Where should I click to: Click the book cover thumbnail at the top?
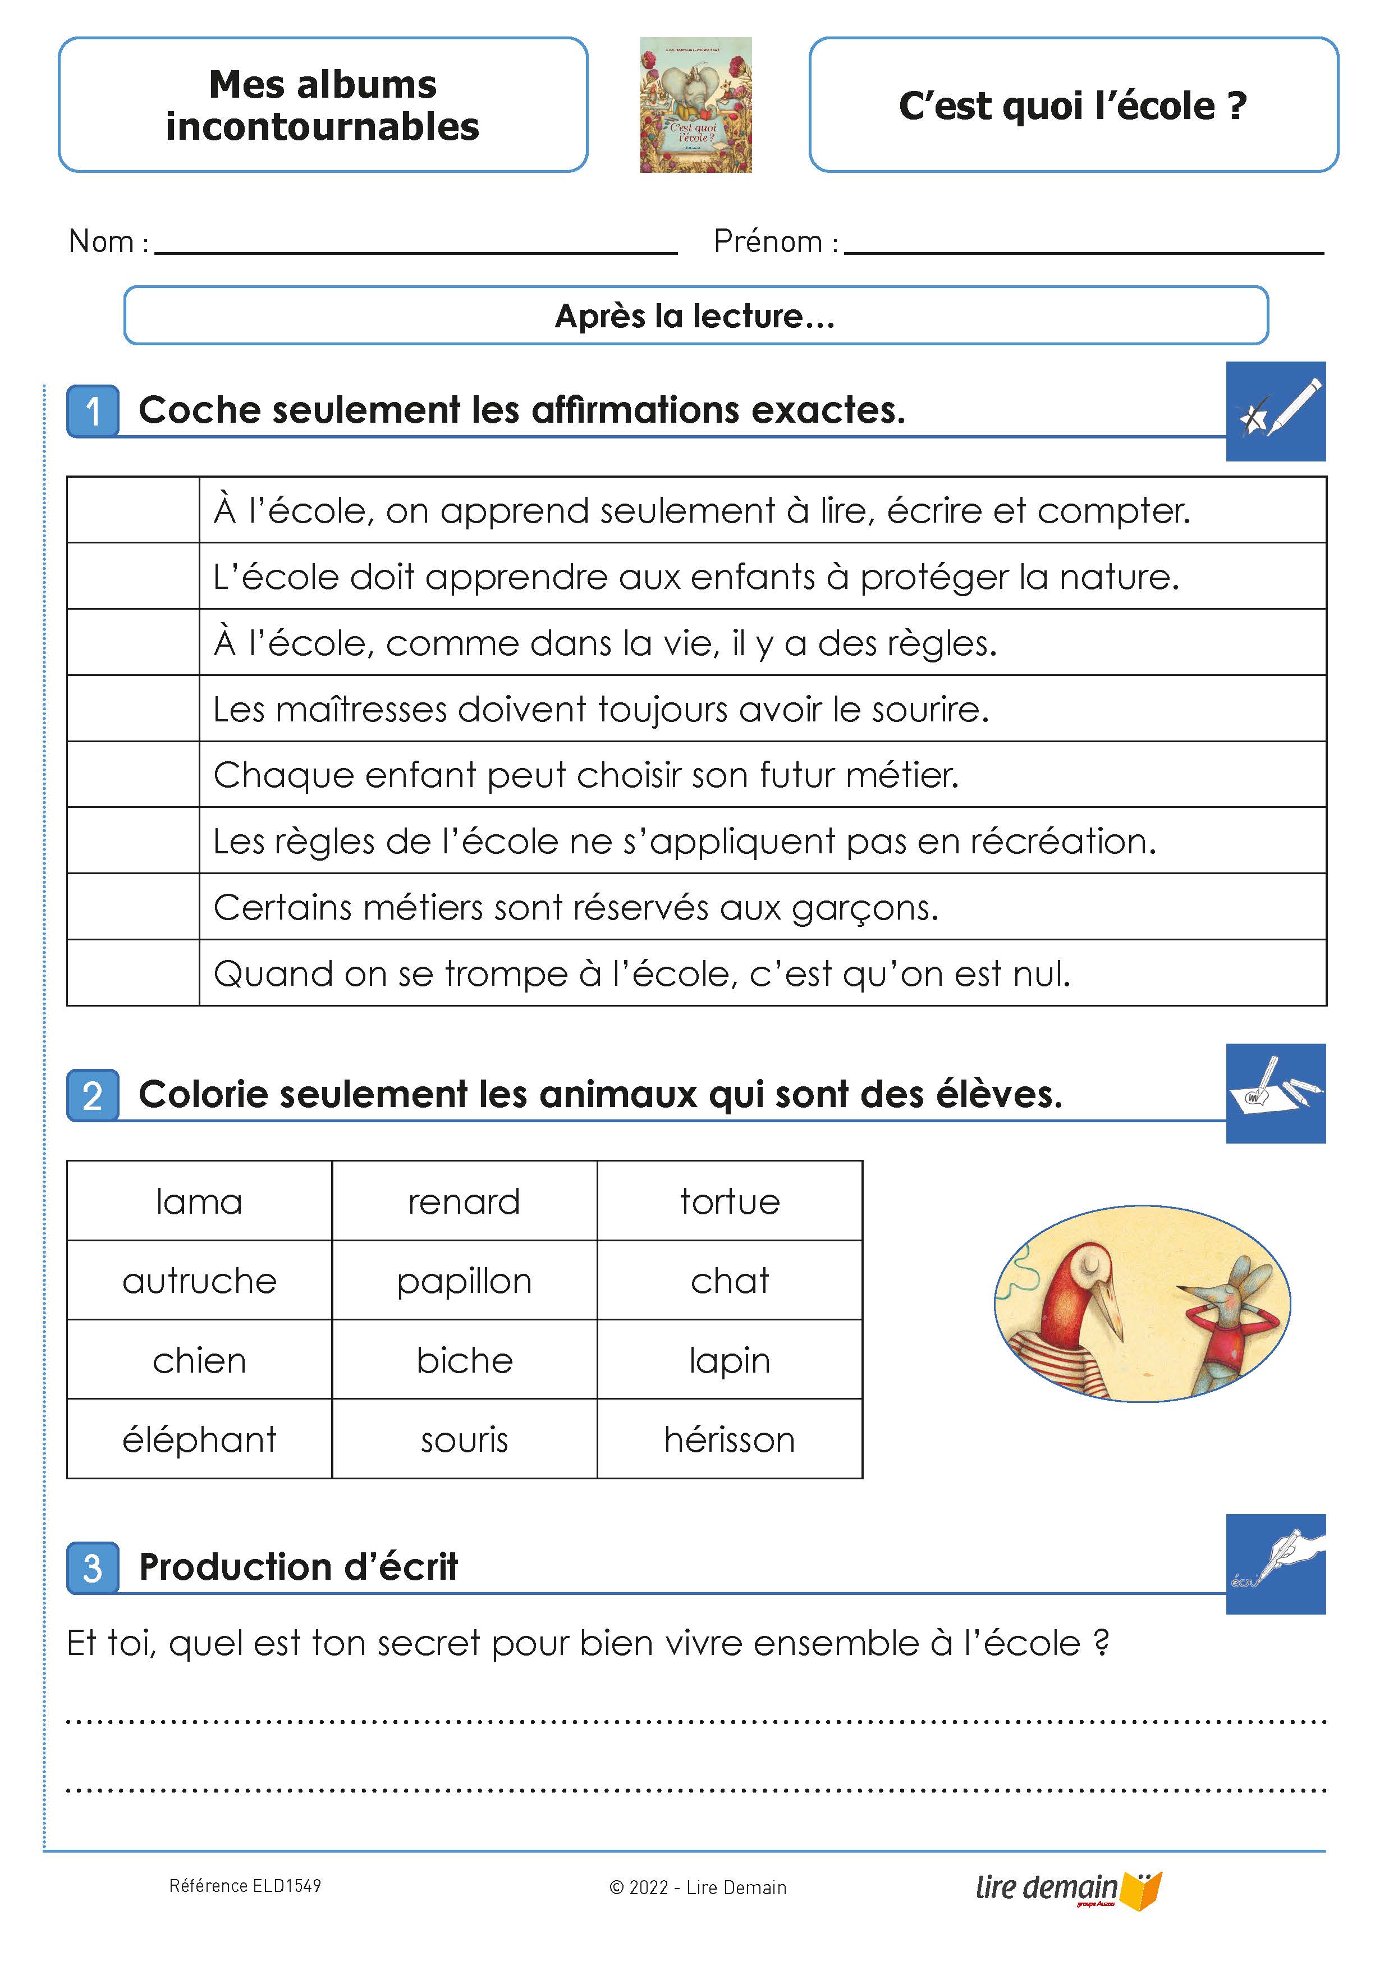(695, 104)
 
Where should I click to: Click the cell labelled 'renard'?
(464, 1201)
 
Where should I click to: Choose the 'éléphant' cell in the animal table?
(199, 1439)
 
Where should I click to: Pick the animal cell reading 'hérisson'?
(729, 1439)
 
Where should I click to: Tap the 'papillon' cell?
(464, 1280)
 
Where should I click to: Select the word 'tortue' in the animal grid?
(729, 1201)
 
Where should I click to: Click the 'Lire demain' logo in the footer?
(1067, 1888)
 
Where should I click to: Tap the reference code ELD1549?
(245, 1886)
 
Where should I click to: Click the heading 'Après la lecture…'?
(695, 316)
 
